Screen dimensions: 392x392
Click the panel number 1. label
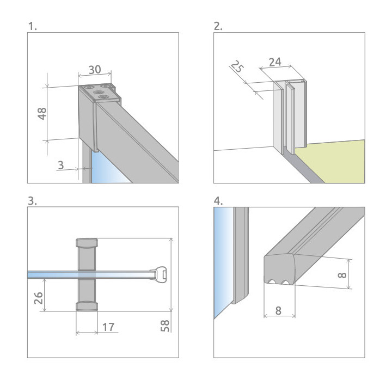coord(33,26)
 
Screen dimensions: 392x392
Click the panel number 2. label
coord(218,26)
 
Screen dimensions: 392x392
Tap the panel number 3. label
coord(33,201)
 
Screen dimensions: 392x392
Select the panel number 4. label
coord(218,201)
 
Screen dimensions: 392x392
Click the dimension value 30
coord(95,70)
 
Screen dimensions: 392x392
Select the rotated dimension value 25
coord(236,68)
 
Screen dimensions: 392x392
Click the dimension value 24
coord(275,62)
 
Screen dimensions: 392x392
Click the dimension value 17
coord(108,327)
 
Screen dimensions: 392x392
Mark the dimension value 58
coord(166,325)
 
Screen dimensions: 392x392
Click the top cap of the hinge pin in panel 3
coord(87,242)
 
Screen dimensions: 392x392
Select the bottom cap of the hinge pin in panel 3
coord(87,306)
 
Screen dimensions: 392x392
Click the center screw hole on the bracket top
coord(99,93)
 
